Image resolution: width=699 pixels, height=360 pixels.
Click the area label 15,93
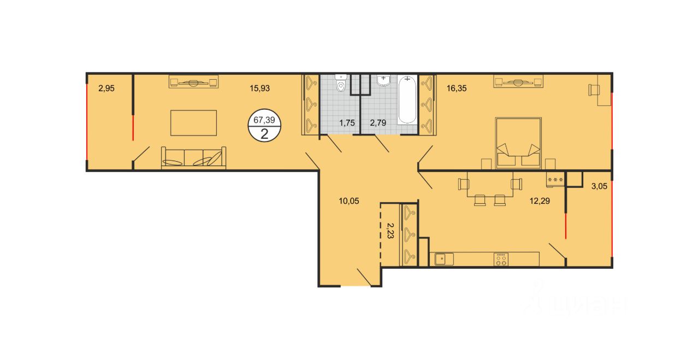[x=259, y=88]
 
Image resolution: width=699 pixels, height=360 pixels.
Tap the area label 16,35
[x=457, y=88]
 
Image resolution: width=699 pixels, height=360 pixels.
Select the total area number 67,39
[x=264, y=120]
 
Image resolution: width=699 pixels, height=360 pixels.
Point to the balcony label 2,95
[x=106, y=88]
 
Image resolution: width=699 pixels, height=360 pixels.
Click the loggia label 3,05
[x=600, y=186]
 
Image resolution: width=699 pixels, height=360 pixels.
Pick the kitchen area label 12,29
[x=540, y=201]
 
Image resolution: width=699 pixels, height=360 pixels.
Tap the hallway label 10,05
[x=349, y=201]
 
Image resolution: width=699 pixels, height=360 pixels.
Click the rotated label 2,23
[x=390, y=231]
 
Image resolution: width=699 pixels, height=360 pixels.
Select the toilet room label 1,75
[x=347, y=123]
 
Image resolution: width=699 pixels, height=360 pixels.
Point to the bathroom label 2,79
[x=378, y=123]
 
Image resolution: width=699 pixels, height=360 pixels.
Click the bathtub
[x=407, y=100]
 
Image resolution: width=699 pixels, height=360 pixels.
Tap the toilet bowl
[x=341, y=83]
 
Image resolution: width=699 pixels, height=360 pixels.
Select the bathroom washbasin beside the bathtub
[x=383, y=80]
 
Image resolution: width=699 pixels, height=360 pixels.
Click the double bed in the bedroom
[x=518, y=143]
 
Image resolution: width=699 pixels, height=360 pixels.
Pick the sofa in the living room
[x=193, y=158]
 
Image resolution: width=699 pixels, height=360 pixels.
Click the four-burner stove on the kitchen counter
[x=501, y=259]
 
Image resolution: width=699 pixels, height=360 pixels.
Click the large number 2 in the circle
[x=264, y=134]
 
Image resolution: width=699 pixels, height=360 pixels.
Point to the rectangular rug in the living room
[x=193, y=123]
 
